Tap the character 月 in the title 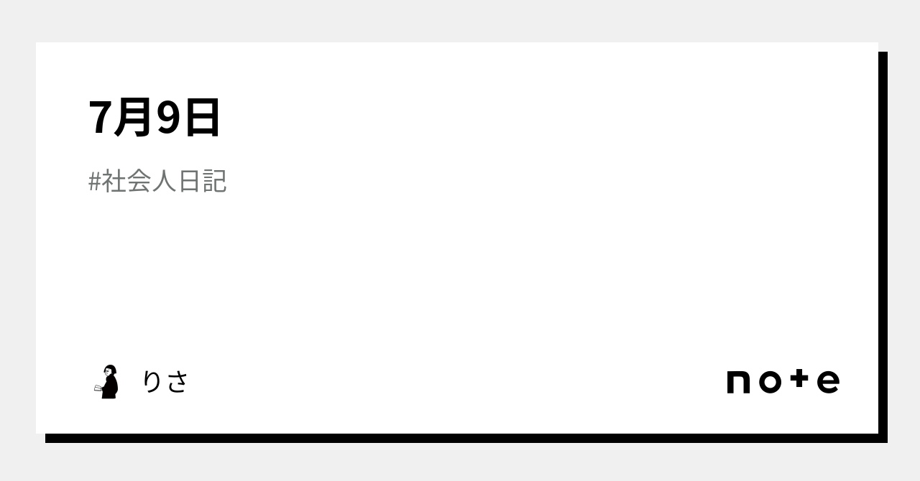point(131,118)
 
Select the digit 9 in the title point(167,118)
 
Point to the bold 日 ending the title point(201,118)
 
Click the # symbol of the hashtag point(94,182)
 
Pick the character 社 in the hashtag point(114,182)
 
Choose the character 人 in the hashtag point(165,182)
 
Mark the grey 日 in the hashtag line point(190,182)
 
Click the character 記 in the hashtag point(214,182)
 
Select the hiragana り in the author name point(152,381)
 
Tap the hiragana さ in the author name point(176,381)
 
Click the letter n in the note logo point(739,382)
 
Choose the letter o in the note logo point(770,382)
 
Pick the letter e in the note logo point(828,382)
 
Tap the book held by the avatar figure point(98,388)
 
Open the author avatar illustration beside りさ point(107,381)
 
